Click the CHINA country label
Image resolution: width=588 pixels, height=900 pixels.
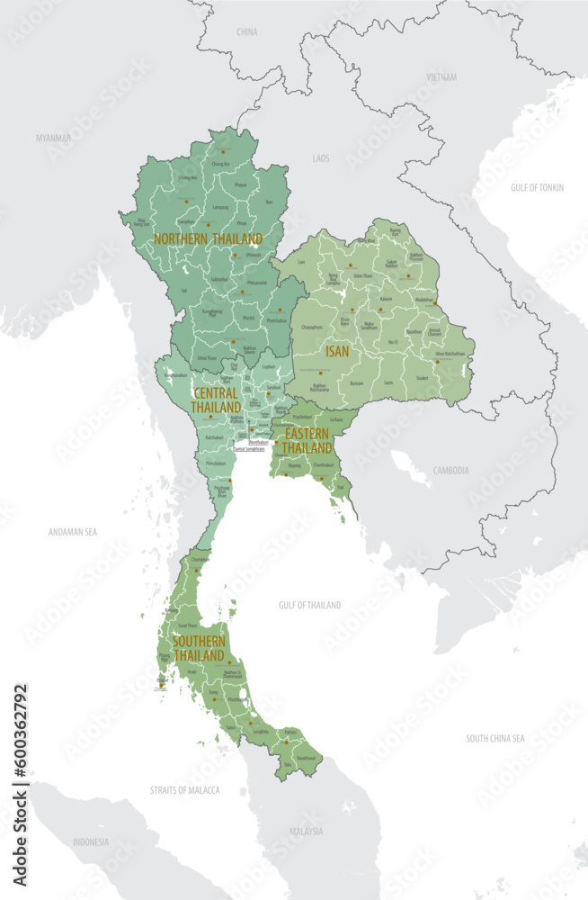[x=246, y=31]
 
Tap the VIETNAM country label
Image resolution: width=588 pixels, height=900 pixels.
[x=441, y=77]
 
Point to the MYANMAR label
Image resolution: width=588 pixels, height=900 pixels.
[x=53, y=139]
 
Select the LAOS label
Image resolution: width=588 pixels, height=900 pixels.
[x=321, y=158]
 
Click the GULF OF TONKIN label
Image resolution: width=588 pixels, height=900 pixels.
[x=537, y=187]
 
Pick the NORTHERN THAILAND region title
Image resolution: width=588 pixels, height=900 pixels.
[x=208, y=239]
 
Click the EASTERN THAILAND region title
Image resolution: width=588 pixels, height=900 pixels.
[x=308, y=440]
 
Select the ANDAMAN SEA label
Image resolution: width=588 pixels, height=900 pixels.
[x=72, y=532]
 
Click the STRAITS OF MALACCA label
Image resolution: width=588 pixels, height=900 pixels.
[x=184, y=790]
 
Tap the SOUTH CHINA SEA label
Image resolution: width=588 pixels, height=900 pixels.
[x=494, y=738]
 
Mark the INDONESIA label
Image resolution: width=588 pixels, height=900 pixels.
[x=90, y=842]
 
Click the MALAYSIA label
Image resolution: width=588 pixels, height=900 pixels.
[x=306, y=832]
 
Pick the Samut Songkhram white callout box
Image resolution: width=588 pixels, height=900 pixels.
[x=249, y=448]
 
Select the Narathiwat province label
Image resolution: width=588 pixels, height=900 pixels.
[x=306, y=758]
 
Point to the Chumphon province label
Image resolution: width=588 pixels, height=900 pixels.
[x=200, y=559]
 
